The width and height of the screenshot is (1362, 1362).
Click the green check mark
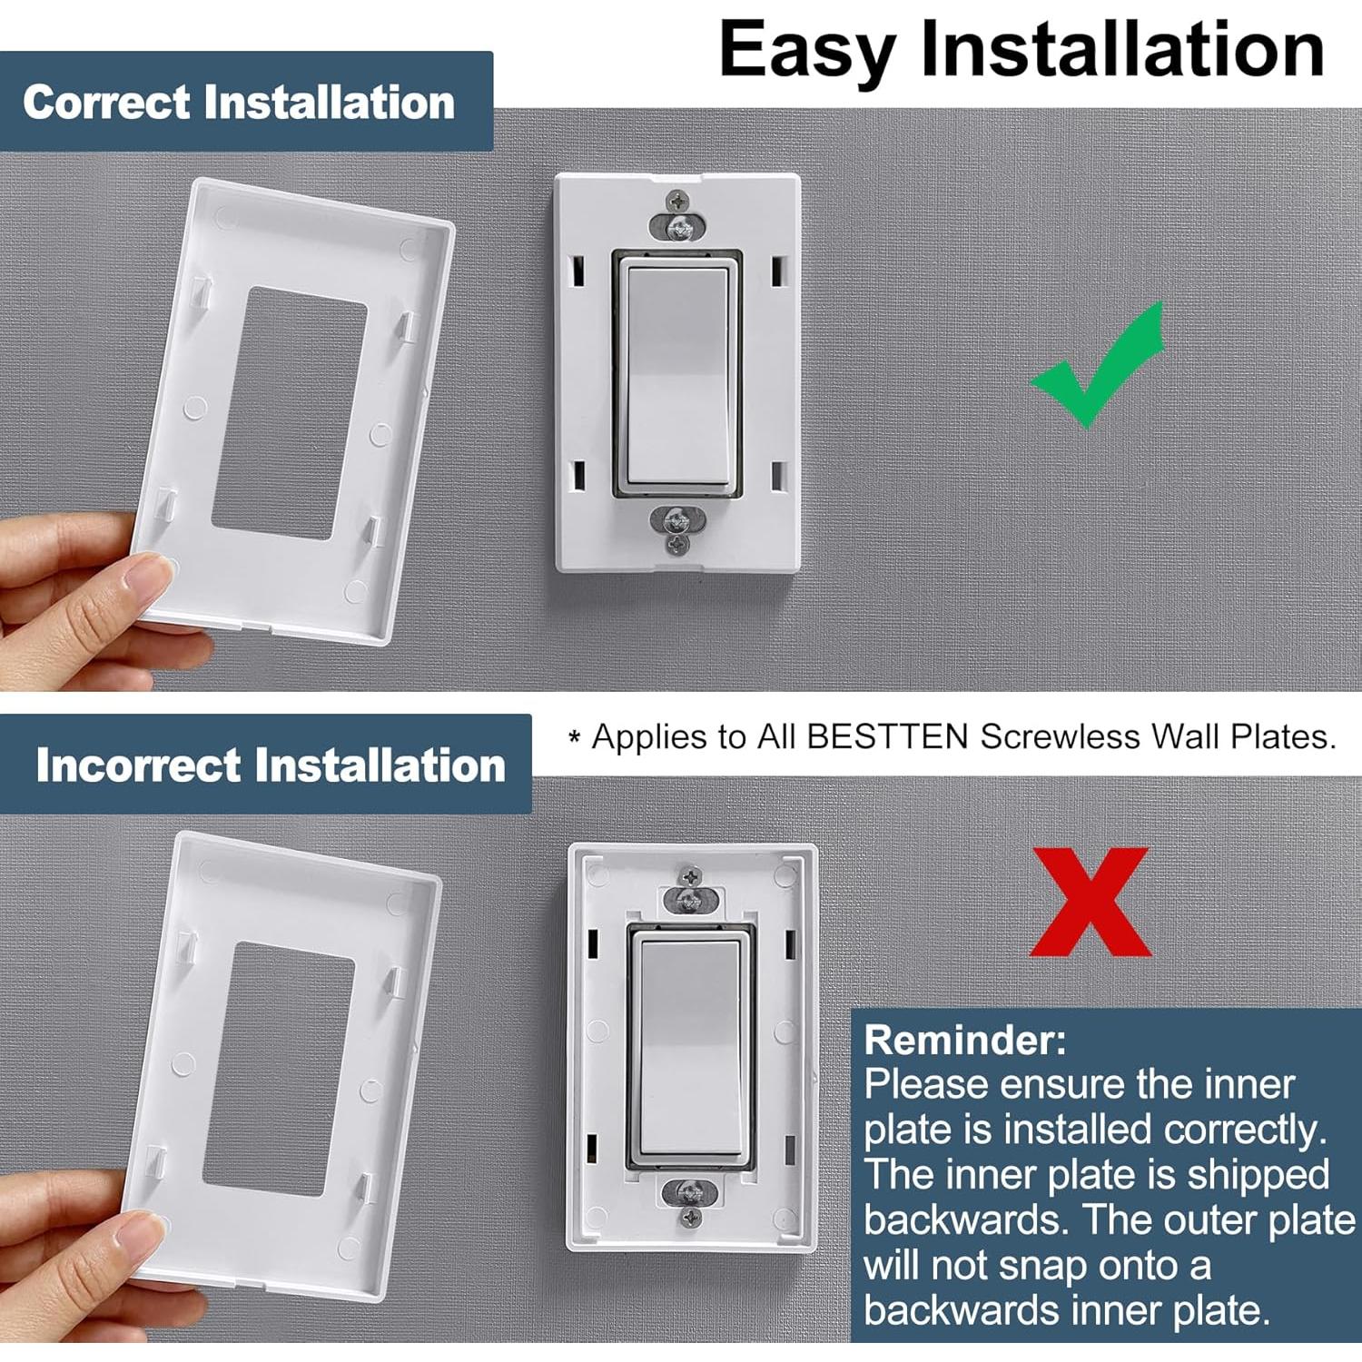1099,372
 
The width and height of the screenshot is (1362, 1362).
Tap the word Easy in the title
807,52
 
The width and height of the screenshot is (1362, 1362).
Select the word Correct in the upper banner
107,102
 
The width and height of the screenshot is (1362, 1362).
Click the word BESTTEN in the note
887,736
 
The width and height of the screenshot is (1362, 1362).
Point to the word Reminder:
964,1040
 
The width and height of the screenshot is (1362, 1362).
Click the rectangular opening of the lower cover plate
277,1067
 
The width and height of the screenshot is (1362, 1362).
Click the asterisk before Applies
574,737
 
